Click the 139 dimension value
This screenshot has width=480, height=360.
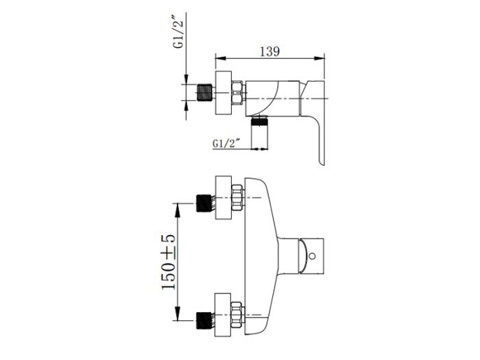point(269,51)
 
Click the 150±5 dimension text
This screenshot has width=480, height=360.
point(169,263)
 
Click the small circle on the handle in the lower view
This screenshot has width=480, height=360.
point(312,256)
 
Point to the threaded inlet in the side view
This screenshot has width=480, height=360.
point(204,92)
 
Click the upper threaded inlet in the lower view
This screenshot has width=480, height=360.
point(204,203)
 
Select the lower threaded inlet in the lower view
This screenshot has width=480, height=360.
point(204,320)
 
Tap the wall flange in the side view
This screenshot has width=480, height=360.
point(224,93)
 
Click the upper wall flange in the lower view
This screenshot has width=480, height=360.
point(224,197)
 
